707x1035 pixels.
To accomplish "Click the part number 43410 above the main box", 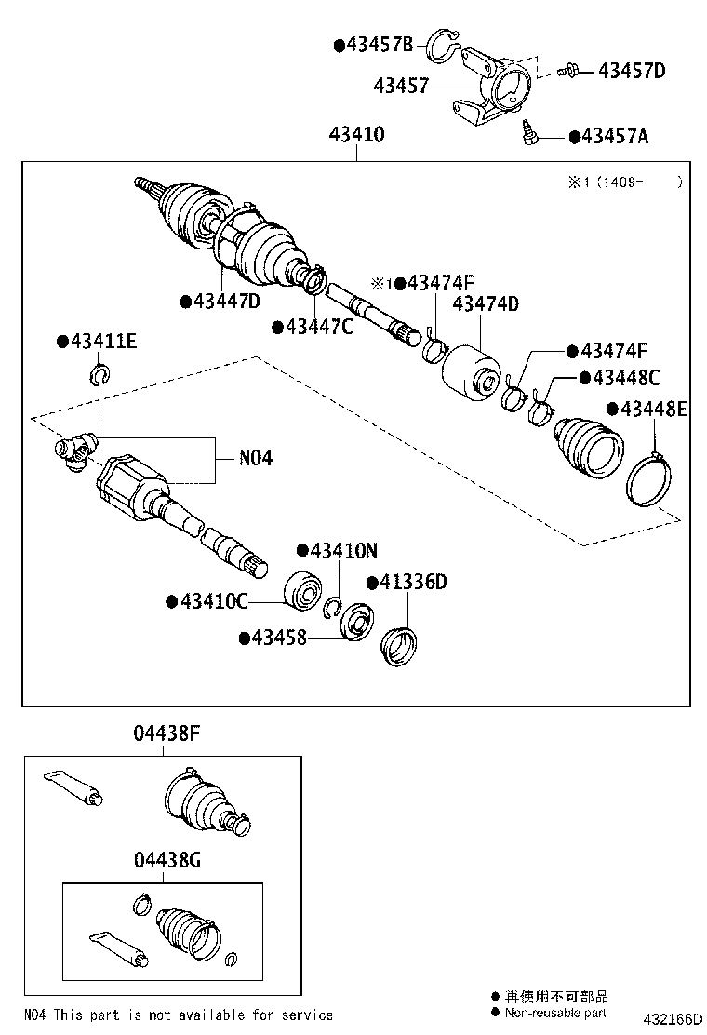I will click(356, 135).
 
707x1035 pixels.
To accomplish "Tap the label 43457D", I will click(632, 70).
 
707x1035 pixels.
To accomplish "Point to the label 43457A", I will click(614, 137).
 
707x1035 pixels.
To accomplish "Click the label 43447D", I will click(226, 301).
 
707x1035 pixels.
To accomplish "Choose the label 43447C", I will click(318, 327).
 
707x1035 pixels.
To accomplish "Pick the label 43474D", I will click(486, 303).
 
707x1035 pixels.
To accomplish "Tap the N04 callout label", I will click(256, 458).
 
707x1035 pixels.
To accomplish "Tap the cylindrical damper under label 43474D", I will click(471, 377).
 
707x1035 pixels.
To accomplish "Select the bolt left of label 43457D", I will click(568, 71).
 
